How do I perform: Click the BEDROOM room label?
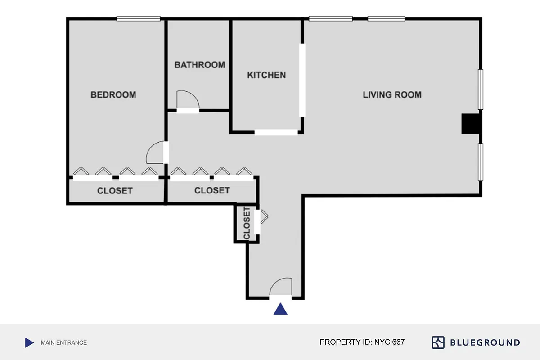113,95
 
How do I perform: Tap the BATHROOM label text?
199,65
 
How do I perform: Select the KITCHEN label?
266,75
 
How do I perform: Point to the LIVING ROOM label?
392,95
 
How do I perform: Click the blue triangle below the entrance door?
281,309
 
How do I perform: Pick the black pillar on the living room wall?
471,124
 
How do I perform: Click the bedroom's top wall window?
138,19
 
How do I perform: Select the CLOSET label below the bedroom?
115,191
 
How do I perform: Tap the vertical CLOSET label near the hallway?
247,224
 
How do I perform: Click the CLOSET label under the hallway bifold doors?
212,190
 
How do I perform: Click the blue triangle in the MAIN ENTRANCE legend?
29,342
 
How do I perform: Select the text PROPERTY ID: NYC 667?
362,342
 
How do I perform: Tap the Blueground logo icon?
438,342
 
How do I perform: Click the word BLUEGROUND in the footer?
485,342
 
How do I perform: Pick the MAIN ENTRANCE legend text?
63,342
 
